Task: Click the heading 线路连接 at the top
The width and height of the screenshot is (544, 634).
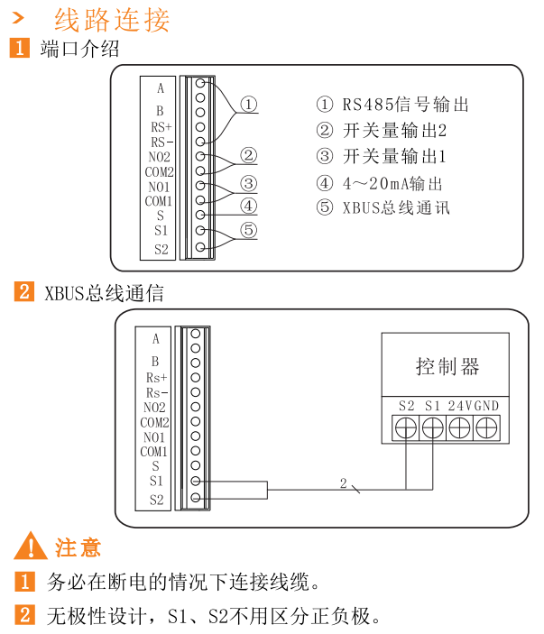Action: click(112, 19)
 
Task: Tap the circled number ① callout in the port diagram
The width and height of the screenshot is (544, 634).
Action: click(248, 105)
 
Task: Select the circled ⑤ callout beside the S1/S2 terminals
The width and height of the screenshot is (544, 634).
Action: click(248, 231)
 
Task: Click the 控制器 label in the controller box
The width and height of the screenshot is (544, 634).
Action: click(447, 366)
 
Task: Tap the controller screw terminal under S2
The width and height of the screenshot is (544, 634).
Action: click(406, 427)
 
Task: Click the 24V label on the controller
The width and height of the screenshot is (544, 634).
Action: click(459, 405)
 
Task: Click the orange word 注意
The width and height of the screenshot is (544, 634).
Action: click(78, 547)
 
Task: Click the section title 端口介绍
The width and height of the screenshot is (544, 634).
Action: click(79, 49)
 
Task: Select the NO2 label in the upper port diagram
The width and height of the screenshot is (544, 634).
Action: click(160, 157)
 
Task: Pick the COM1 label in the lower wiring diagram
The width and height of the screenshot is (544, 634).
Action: click(154, 451)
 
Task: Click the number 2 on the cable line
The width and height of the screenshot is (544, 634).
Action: click(343, 483)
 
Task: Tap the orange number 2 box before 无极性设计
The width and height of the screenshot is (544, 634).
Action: click(27, 616)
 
